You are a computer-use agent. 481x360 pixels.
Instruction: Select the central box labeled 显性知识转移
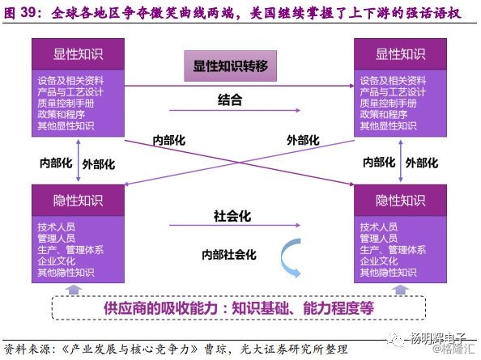pos(230,66)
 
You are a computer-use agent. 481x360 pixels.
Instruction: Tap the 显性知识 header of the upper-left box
pos(79,54)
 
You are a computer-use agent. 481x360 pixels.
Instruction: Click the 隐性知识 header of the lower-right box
pos(400,201)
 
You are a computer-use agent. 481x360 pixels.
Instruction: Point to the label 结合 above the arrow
pos(230,100)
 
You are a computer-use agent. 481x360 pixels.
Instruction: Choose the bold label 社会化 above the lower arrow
pos(232,216)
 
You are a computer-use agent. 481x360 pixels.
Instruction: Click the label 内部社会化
pos(229,255)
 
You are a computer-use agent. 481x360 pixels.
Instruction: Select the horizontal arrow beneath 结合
pos(235,110)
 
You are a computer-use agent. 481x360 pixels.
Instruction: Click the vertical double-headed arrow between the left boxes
pos(79,160)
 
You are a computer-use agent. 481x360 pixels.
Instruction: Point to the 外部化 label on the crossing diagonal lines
pos(303,140)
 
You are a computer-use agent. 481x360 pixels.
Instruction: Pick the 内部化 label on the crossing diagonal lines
pos(169,140)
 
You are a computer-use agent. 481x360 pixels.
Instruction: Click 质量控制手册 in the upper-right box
pos(388,104)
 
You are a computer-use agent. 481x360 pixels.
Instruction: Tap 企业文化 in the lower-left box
pos(57,261)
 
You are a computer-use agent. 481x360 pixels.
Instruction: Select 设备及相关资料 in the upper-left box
pos(70,81)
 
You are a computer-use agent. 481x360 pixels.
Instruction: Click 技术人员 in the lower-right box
pos(378,227)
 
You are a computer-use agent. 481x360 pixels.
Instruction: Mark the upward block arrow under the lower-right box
pos(400,290)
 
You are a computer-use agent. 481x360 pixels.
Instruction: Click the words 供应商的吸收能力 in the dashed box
pos(160,308)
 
